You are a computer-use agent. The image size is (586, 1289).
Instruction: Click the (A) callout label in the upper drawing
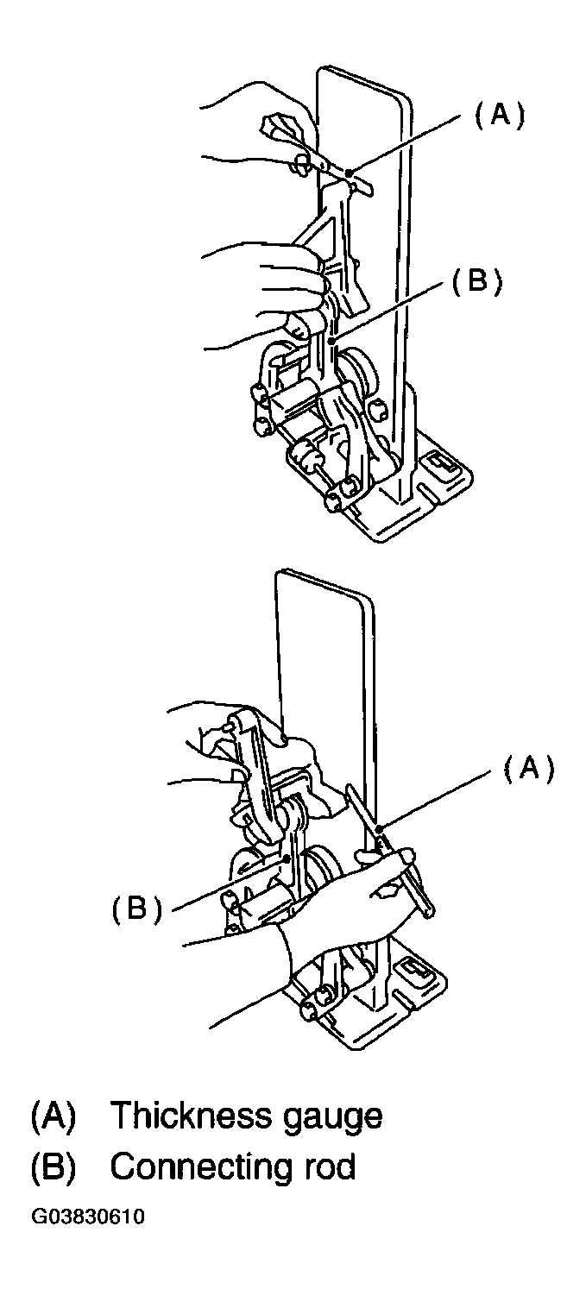pyautogui.click(x=500, y=116)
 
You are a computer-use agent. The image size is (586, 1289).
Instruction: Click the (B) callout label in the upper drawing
pyautogui.click(x=476, y=282)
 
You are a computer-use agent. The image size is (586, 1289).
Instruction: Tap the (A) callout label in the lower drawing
pyautogui.click(x=529, y=769)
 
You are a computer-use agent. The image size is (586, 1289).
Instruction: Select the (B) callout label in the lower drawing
pyautogui.click(x=137, y=909)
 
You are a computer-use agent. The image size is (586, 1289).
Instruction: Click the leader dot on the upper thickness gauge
pyautogui.click(x=350, y=172)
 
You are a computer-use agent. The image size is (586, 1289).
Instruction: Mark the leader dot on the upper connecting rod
pyautogui.click(x=332, y=342)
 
